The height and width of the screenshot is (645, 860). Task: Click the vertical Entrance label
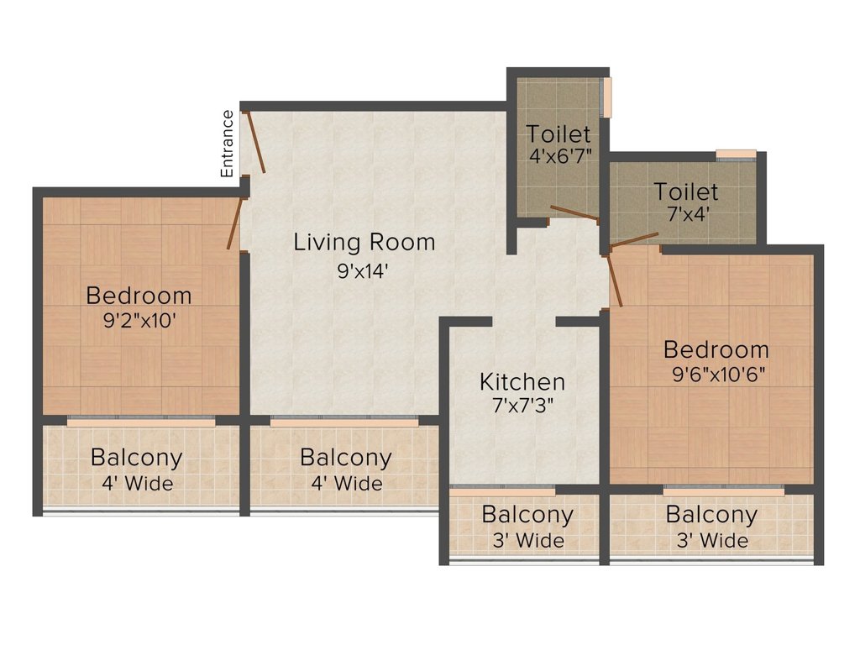[227, 143]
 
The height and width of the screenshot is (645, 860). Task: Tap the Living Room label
[364, 243]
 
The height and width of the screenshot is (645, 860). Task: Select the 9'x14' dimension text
[364, 270]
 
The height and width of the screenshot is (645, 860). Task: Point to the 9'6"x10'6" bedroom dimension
[716, 374]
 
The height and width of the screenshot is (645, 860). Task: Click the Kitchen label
[522, 381]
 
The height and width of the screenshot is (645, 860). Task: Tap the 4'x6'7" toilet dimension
[559, 156]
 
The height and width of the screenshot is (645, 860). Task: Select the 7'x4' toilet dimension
[686, 214]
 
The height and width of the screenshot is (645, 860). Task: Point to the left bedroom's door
[235, 223]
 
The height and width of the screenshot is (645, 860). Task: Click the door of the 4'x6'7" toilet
[574, 212]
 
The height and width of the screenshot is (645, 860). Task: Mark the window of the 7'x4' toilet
[736, 154]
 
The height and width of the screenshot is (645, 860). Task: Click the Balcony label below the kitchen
[527, 514]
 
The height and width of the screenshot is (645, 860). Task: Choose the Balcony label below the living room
[345, 458]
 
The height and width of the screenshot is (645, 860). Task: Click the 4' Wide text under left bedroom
[136, 484]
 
